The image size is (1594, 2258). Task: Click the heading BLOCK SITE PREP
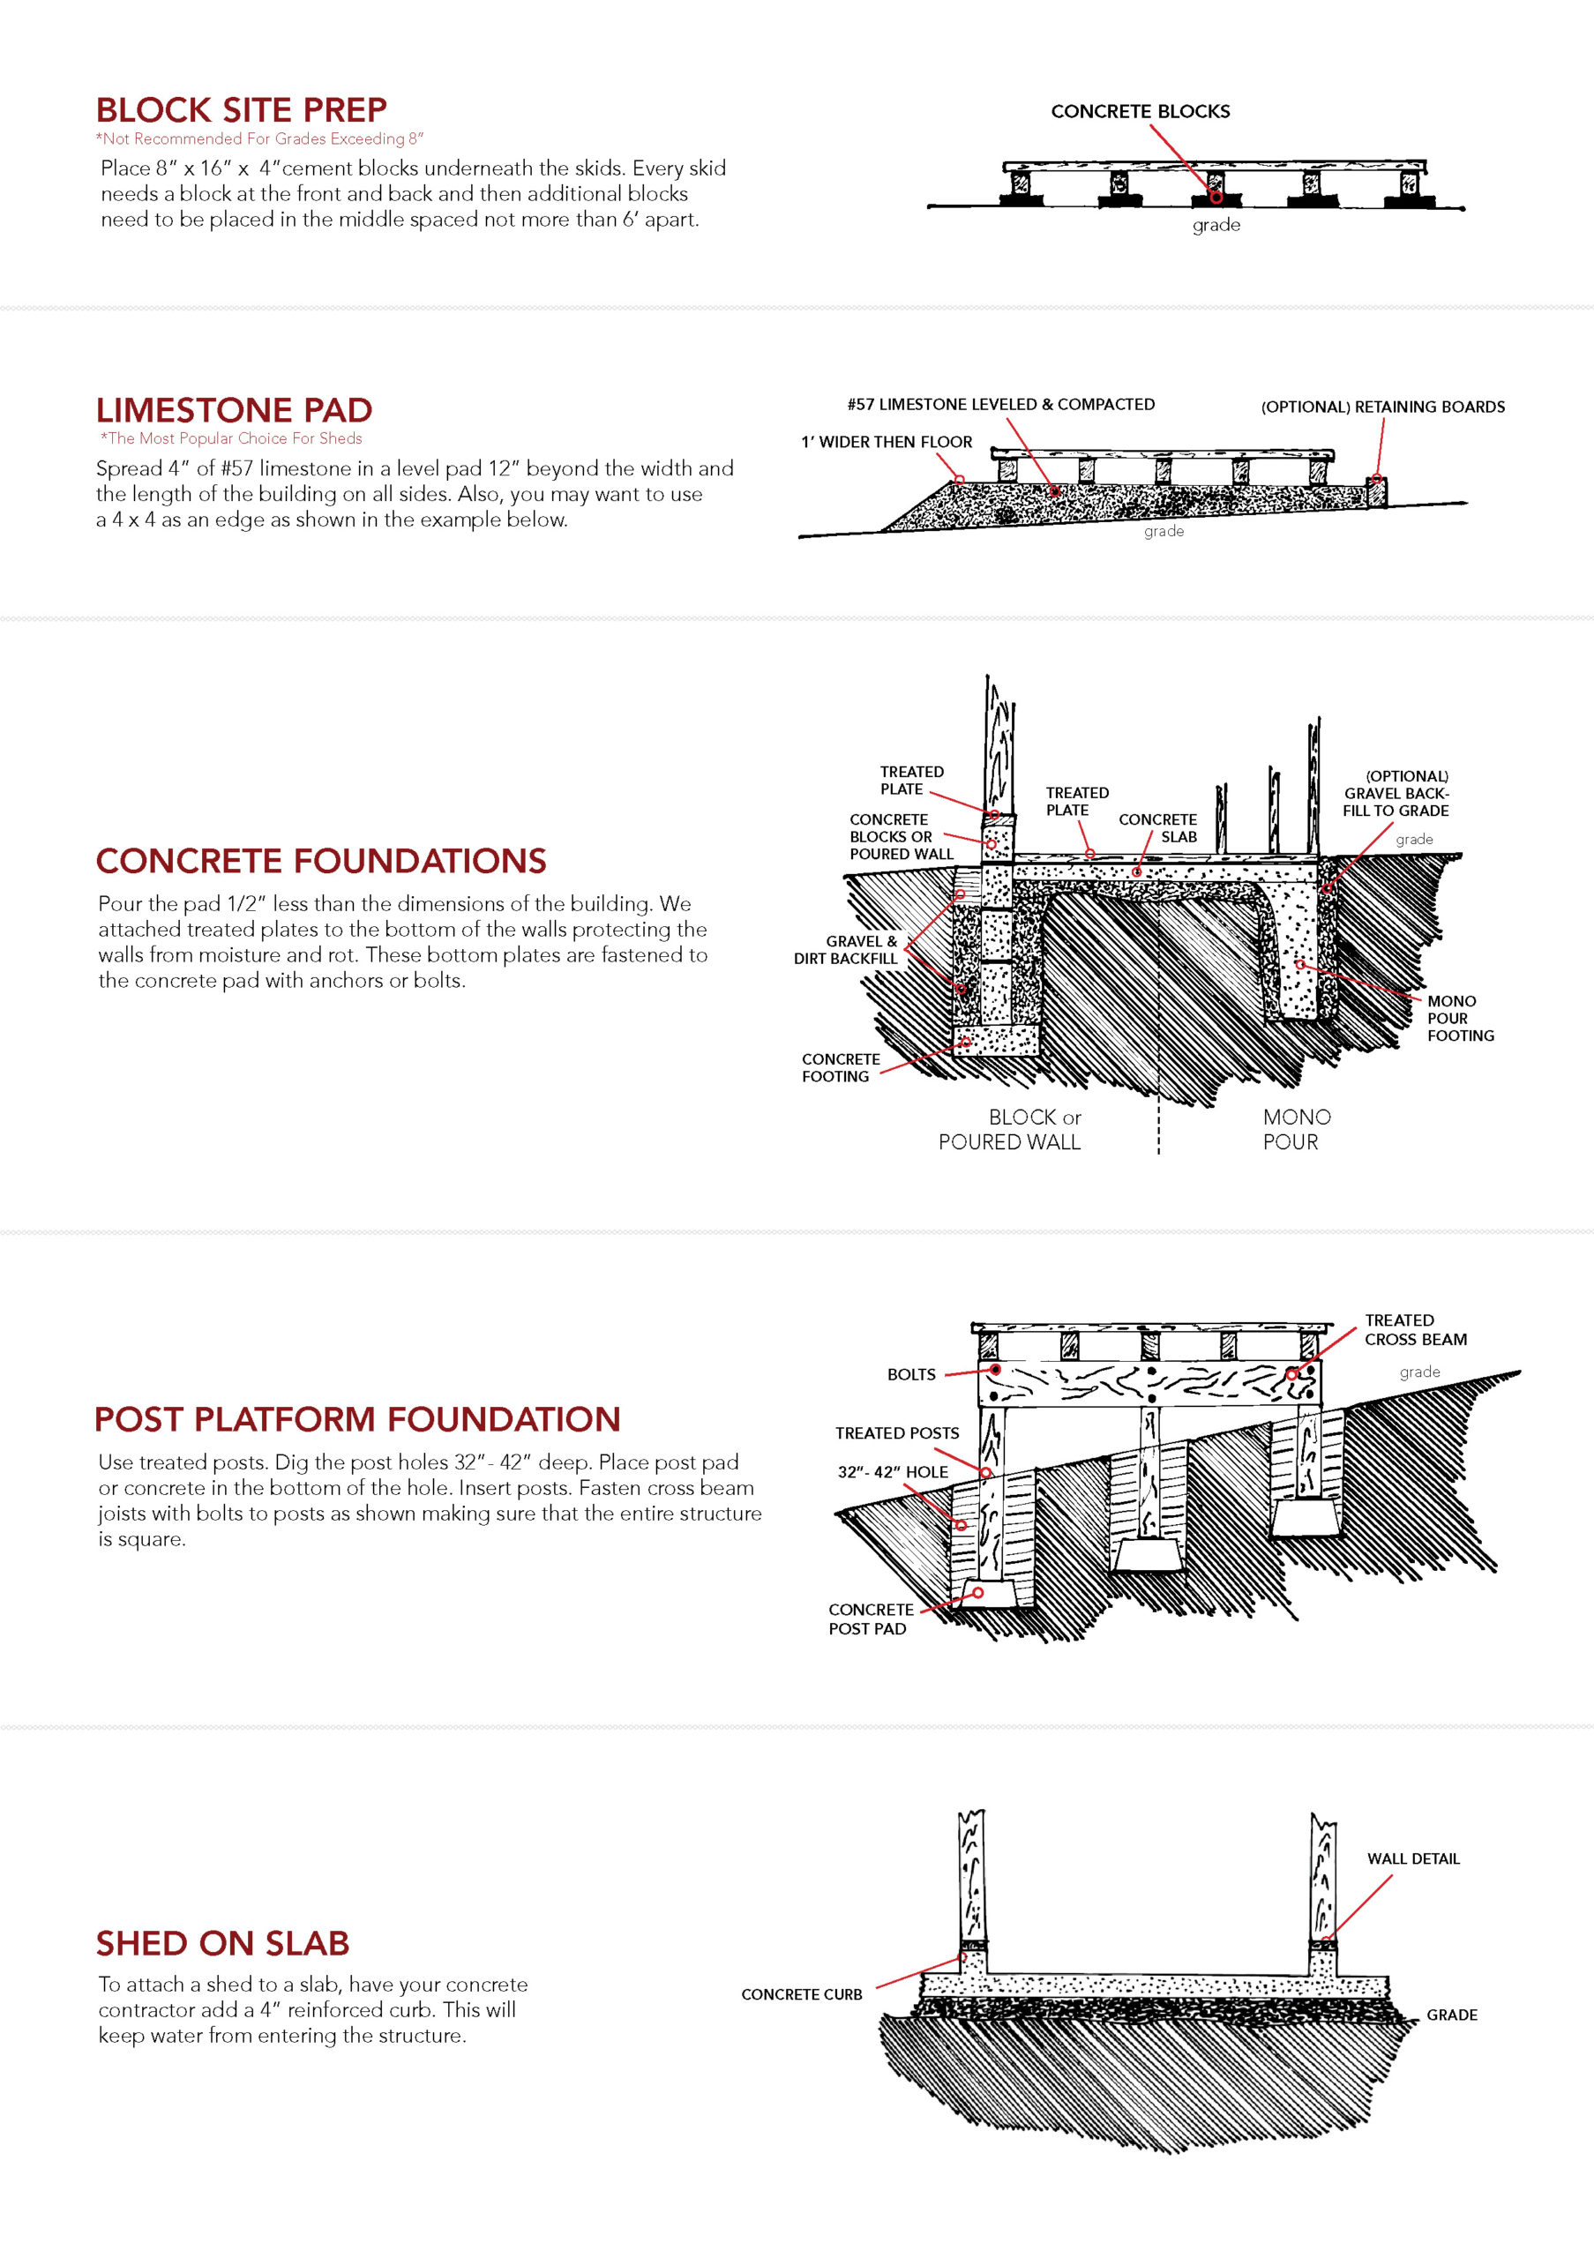click(x=241, y=109)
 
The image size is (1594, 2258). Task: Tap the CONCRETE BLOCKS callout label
click(x=1140, y=111)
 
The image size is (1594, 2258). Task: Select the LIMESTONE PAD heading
click(x=234, y=409)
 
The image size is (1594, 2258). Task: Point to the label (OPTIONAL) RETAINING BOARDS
click(x=1382, y=406)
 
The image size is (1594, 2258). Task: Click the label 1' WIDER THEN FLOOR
click(x=886, y=442)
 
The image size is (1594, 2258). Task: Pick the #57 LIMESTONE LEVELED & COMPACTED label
click(x=1001, y=404)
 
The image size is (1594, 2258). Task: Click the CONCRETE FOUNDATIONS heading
click(x=320, y=861)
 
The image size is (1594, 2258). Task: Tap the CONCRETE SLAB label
click(x=1157, y=828)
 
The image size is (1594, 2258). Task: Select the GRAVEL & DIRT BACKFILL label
click(x=846, y=949)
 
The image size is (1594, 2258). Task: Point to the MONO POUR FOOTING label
click(x=1460, y=1018)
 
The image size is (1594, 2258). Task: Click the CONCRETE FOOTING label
click(x=840, y=1067)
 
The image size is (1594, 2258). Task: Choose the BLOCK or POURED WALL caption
click(x=1010, y=1129)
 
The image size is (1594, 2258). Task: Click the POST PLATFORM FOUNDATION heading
click(x=357, y=1418)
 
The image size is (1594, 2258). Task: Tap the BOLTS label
click(x=910, y=1374)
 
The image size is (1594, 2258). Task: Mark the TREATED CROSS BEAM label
click(x=1415, y=1329)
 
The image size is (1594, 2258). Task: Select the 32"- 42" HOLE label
click(x=893, y=1471)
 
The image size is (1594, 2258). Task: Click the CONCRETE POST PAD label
click(x=871, y=1619)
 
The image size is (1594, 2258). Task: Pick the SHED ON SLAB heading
click(x=222, y=1942)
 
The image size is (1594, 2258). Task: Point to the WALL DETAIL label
click(x=1413, y=1858)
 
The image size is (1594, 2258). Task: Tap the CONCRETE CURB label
click(x=802, y=1993)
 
